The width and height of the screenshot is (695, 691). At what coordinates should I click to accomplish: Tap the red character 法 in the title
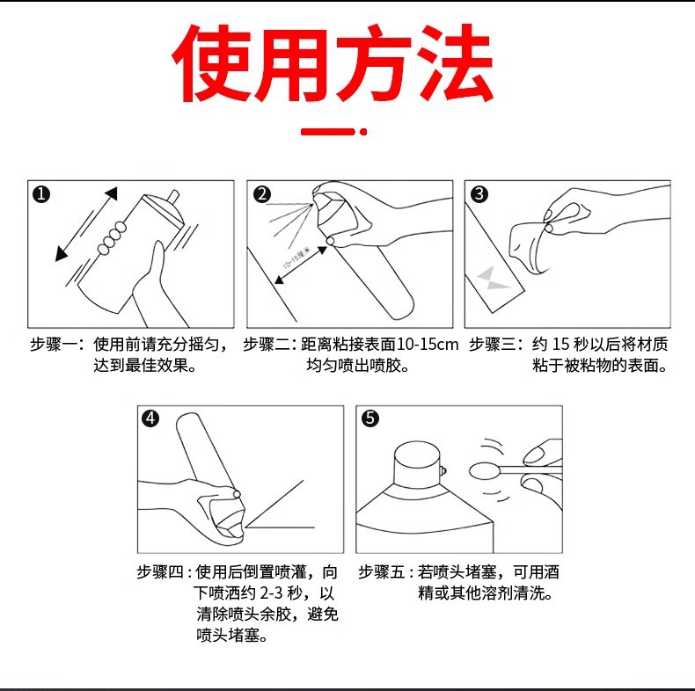(x=454, y=63)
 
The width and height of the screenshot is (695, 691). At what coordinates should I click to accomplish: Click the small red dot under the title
(x=363, y=132)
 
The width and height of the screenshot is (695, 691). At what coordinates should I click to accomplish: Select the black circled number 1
(x=41, y=194)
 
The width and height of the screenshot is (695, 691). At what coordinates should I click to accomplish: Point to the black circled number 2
(x=262, y=194)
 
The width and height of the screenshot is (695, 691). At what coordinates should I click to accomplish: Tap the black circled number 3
(x=479, y=194)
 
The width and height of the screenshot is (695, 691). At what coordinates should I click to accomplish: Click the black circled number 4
(x=150, y=418)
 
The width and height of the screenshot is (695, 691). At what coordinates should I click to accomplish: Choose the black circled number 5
(x=370, y=418)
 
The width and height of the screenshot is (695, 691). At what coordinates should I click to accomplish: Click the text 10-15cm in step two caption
(x=428, y=344)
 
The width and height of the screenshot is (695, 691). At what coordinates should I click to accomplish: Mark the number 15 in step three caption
(x=560, y=344)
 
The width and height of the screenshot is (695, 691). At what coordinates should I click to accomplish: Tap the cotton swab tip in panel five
(x=484, y=471)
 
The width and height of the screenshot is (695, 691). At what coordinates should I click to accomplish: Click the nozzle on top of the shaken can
(x=173, y=197)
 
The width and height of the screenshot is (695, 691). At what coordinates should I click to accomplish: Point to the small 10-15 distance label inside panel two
(x=297, y=258)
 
